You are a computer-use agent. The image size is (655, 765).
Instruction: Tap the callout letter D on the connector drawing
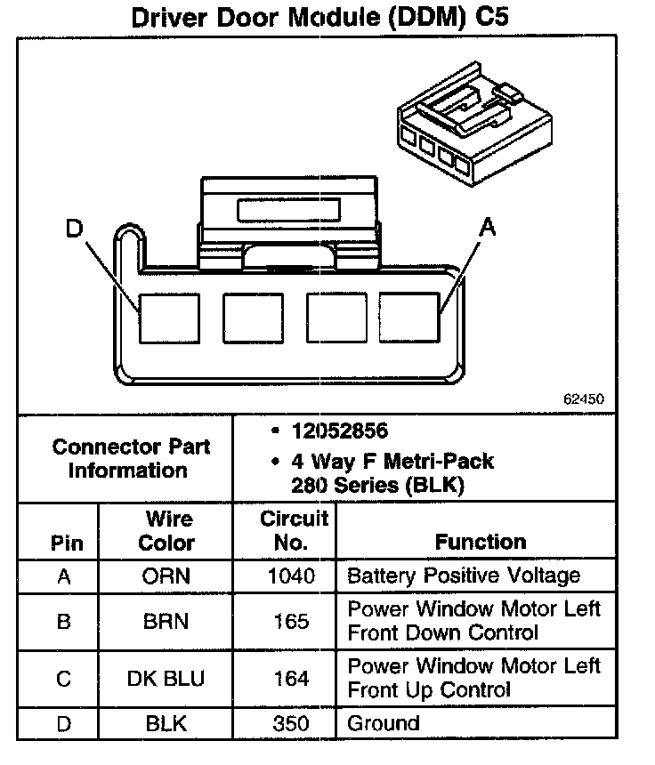tap(74, 229)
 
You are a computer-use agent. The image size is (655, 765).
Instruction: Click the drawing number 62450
tap(583, 399)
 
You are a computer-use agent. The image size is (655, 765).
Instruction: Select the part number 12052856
tap(339, 431)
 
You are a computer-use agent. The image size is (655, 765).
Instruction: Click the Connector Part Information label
tap(132, 458)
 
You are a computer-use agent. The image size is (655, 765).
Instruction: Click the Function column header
tap(481, 542)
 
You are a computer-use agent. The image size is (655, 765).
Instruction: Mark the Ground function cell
tap(383, 723)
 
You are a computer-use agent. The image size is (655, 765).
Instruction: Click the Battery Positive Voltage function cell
tap(463, 576)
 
